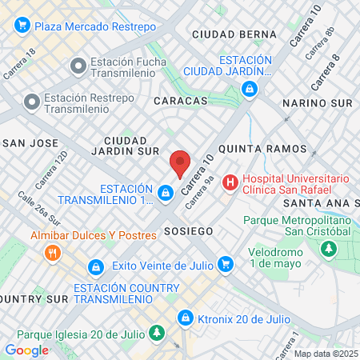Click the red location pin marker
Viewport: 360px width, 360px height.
tap(180, 164)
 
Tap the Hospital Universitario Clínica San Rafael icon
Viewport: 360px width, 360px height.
tap(231, 182)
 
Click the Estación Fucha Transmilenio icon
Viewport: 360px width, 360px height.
tap(78, 65)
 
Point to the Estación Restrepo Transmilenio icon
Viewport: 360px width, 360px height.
tap(32, 101)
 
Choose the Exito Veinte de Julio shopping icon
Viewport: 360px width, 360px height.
tap(225, 262)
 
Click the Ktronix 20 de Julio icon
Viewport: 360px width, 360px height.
tap(186, 318)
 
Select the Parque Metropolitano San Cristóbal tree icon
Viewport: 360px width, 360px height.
tap(328, 250)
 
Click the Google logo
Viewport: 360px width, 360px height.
tap(26, 350)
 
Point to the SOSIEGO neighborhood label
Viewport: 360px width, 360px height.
tap(188, 230)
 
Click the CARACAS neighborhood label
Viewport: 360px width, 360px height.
tap(180, 102)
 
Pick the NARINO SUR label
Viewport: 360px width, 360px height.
tap(318, 104)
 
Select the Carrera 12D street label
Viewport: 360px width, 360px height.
tap(50, 164)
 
